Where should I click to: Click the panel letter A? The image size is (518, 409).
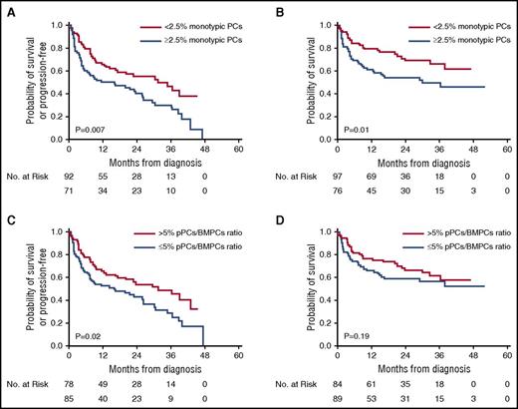point(8,8)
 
